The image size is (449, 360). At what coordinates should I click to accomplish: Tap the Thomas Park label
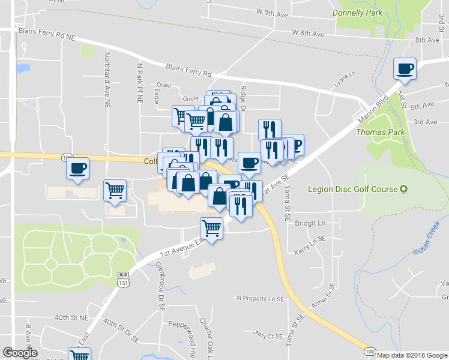[x=380, y=132]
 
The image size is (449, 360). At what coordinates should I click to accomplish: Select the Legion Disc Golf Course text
[x=353, y=190]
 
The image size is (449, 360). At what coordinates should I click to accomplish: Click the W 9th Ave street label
[x=273, y=12]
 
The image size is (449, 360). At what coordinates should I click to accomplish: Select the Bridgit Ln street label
[x=313, y=223]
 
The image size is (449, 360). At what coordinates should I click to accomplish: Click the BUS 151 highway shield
[x=122, y=280]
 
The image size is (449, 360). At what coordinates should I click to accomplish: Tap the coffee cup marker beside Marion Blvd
[x=405, y=68]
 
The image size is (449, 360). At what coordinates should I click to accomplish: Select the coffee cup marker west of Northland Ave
[x=77, y=168]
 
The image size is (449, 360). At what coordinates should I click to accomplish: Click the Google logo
[x=20, y=353]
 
